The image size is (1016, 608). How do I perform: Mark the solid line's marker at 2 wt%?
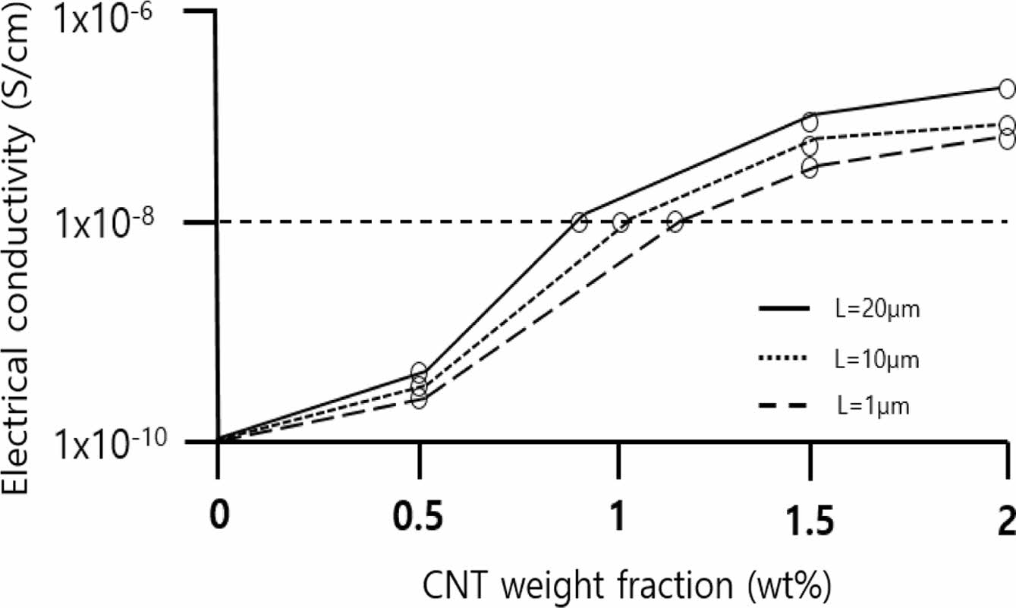point(1006,88)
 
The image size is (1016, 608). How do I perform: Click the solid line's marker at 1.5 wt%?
point(810,121)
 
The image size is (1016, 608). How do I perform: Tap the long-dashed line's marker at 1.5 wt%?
point(810,169)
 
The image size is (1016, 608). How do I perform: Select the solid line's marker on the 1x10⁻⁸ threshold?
point(580,222)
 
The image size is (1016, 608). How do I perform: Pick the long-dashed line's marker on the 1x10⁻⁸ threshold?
point(675,222)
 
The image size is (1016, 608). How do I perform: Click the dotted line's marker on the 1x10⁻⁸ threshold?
point(621,222)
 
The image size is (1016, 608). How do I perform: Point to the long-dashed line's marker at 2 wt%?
point(1006,140)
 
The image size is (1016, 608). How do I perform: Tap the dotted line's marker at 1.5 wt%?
point(810,144)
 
